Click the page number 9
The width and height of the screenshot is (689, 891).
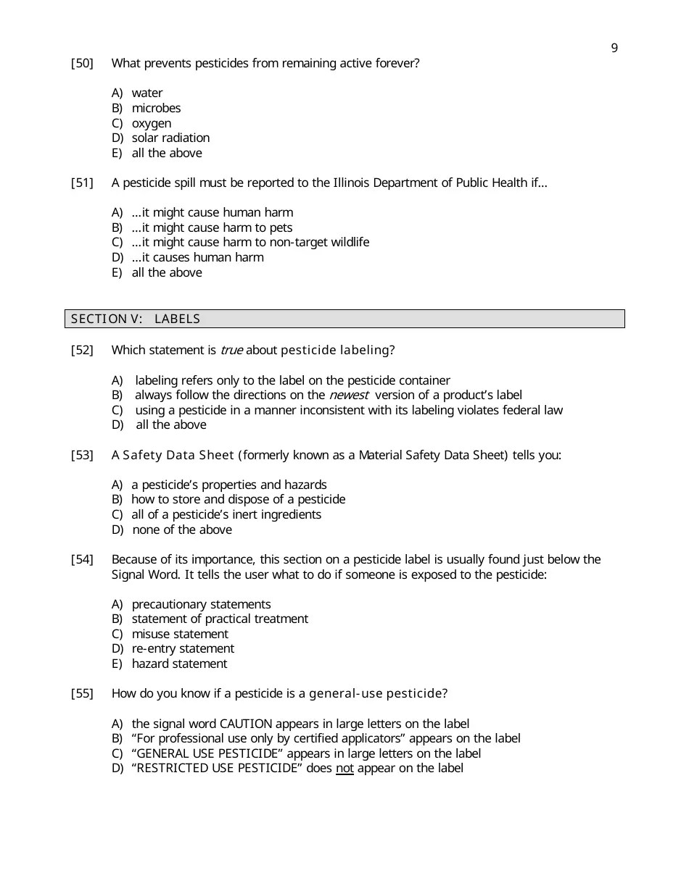(614, 49)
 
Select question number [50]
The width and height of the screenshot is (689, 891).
(82, 64)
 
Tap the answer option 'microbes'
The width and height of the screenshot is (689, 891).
(156, 109)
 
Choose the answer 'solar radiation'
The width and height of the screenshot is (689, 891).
(170, 138)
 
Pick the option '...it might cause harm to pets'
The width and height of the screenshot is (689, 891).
(212, 228)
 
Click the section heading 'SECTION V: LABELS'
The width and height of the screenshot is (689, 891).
(136, 319)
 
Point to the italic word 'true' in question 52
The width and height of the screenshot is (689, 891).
(231, 351)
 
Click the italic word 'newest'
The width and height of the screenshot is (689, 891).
(349, 396)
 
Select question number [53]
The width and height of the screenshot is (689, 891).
(82, 456)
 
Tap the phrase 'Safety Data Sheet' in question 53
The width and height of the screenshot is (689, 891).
(178, 456)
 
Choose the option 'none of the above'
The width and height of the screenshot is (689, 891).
(182, 530)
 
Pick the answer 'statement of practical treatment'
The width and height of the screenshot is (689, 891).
(220, 619)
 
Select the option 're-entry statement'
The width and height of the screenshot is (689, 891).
(183, 649)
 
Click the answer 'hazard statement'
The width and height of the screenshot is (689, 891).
(179, 664)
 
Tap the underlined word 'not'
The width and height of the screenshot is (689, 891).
(344, 769)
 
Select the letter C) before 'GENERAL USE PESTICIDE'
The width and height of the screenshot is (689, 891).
(117, 754)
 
